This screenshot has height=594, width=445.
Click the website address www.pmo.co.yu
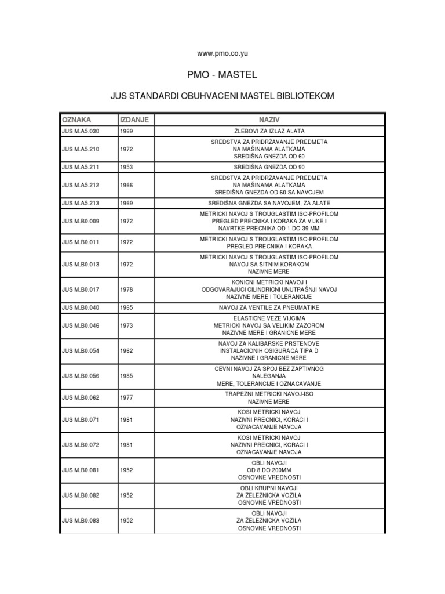point(222,53)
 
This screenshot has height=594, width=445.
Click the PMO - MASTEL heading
point(222,75)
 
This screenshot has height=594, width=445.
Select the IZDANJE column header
point(134,119)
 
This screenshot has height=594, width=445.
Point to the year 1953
point(127,167)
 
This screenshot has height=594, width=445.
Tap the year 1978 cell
point(127,289)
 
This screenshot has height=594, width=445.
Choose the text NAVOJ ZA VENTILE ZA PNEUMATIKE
point(269,307)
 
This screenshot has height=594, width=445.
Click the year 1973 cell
point(127,325)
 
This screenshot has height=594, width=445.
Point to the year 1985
point(127,376)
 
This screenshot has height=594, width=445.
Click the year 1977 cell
point(127,397)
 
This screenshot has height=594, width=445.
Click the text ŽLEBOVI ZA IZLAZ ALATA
point(269,131)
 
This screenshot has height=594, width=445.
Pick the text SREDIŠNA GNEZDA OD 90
point(269,167)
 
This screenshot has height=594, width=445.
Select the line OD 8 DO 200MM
point(269,469)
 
